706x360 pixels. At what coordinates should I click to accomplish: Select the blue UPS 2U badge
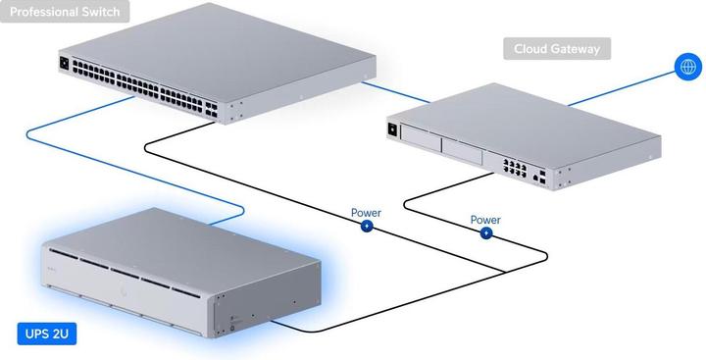47,334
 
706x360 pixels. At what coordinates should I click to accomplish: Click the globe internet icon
686,67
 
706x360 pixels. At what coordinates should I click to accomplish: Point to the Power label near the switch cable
366,212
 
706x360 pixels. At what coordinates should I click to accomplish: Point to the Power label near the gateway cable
485,220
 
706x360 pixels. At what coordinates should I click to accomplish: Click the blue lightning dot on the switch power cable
367,226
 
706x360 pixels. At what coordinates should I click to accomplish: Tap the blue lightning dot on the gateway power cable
485,233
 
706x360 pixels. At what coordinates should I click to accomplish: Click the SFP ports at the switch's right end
212,108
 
